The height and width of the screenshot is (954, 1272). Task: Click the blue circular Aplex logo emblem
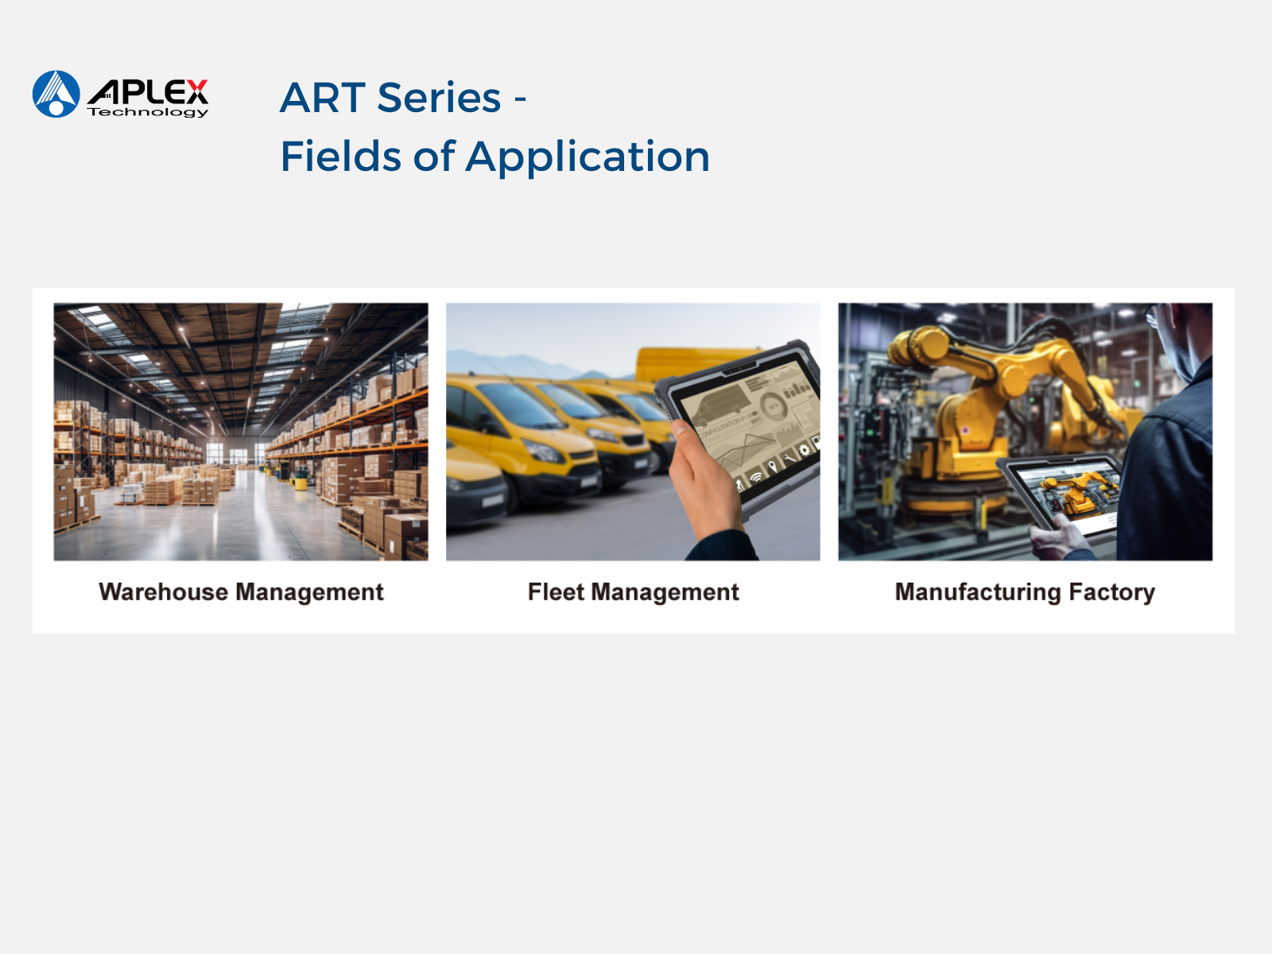point(56,94)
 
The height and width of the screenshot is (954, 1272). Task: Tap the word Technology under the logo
point(148,112)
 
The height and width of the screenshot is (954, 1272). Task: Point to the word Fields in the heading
point(341,157)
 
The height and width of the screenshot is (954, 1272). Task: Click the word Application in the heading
point(588,157)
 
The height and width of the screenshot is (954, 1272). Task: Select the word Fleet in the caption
point(556,592)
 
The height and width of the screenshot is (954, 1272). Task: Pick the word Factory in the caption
point(1111,592)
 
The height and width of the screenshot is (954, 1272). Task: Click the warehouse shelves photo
point(241,432)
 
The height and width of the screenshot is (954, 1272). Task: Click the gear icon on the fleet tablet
point(804,449)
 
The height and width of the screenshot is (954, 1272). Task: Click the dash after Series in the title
point(520,99)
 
